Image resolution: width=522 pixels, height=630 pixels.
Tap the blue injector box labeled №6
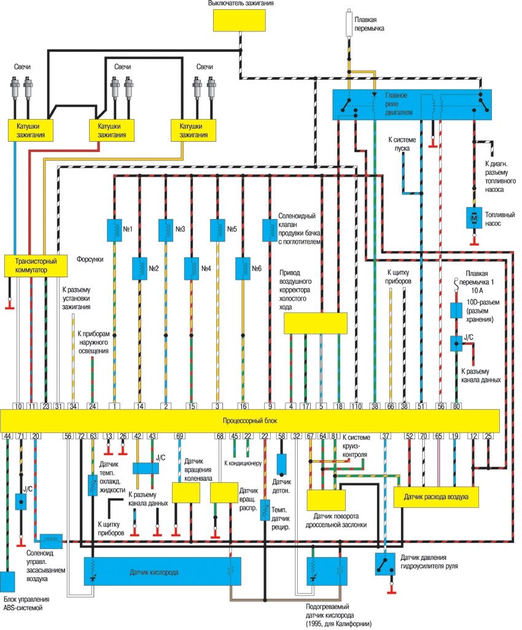point(243,267)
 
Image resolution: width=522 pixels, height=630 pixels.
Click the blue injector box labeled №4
point(192,267)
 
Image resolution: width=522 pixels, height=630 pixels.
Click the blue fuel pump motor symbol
point(473,218)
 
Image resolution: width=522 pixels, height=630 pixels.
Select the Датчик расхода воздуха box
point(435,497)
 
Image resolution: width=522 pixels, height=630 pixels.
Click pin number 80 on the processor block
point(456,405)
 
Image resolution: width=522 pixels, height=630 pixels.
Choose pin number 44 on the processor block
point(7,436)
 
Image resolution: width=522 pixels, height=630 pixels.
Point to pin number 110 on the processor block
point(357,405)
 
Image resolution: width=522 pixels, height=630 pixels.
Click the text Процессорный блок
point(249,421)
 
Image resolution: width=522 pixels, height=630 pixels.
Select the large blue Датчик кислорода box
point(162,572)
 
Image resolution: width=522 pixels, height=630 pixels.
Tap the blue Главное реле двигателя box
point(411,104)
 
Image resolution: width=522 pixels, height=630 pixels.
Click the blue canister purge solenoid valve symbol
point(269,229)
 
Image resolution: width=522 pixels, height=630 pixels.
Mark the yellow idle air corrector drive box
point(315,323)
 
